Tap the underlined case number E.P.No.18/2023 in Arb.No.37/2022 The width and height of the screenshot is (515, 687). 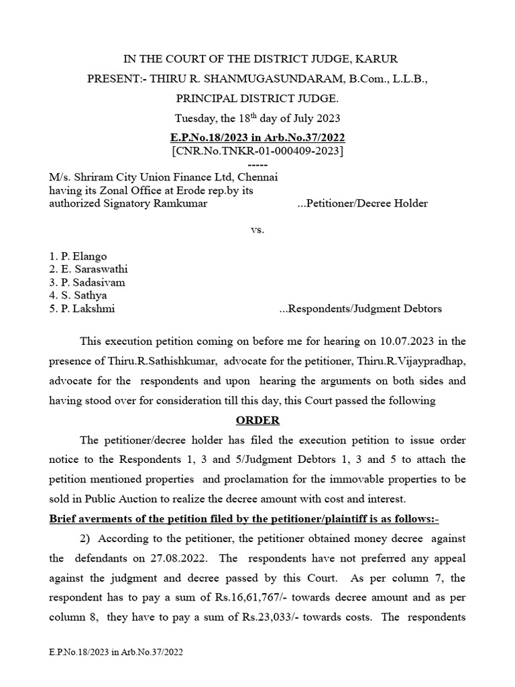(x=257, y=138)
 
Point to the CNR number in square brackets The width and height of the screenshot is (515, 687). (x=257, y=152)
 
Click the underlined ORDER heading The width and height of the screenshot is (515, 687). (x=257, y=421)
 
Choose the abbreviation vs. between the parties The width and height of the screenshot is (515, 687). (x=257, y=229)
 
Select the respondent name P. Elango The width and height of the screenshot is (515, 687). (x=78, y=256)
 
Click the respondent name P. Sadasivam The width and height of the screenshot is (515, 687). (x=87, y=282)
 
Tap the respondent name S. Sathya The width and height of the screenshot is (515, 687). (x=78, y=295)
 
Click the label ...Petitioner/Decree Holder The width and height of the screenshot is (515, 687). (x=361, y=203)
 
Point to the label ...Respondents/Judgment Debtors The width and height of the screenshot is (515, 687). (x=360, y=309)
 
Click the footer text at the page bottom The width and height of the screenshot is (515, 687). (x=115, y=651)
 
